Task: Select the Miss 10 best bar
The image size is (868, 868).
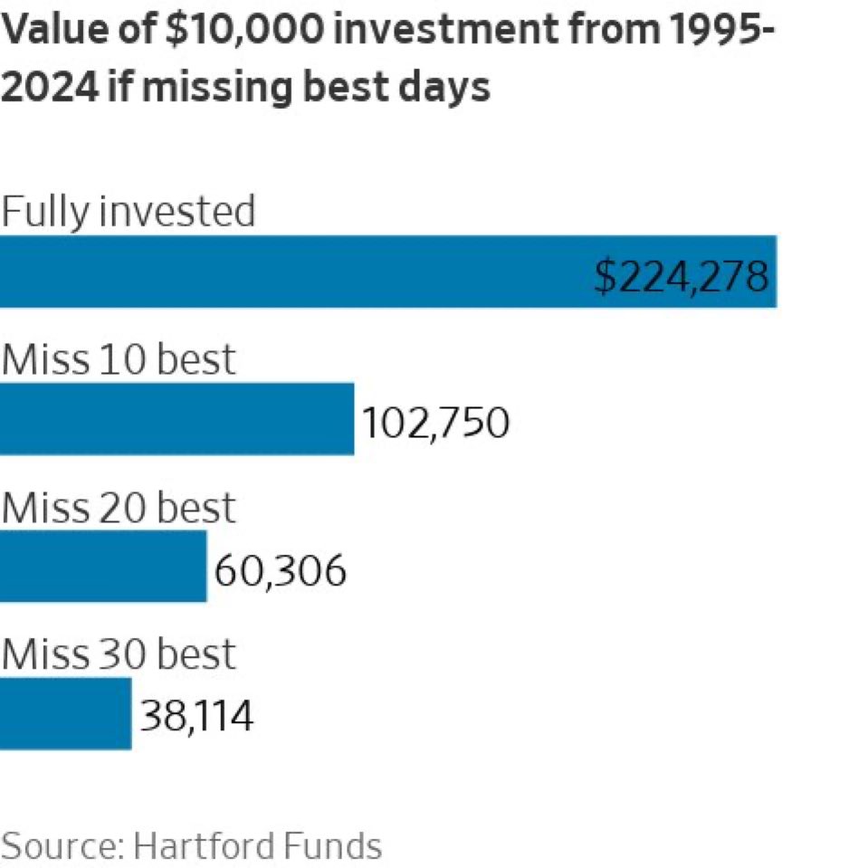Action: (176, 418)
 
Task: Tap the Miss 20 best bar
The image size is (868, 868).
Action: (102, 567)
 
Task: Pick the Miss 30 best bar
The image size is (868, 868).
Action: (65, 714)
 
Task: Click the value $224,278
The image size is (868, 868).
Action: (682, 275)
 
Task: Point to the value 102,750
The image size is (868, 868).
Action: (435, 423)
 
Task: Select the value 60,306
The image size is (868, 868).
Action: (281, 570)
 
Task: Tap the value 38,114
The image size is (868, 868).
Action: (196, 718)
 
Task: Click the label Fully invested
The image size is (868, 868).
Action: (128, 211)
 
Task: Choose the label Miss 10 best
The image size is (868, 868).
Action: (118, 359)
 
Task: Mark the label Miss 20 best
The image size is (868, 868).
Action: (118, 507)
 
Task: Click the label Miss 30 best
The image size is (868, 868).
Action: (118, 654)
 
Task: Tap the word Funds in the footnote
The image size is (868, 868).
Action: (330, 846)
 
